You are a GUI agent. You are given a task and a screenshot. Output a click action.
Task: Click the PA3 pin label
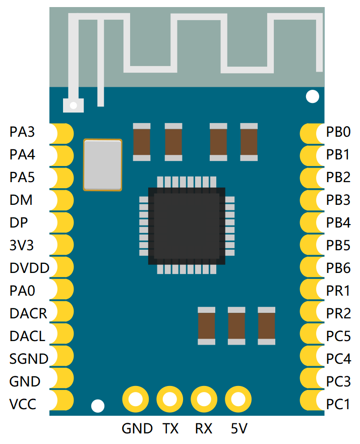tap(22, 133)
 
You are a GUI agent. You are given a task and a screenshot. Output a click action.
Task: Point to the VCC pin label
tap(23, 404)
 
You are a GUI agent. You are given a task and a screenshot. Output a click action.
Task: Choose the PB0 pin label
tap(338, 133)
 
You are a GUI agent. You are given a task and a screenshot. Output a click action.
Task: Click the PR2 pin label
tap(338, 313)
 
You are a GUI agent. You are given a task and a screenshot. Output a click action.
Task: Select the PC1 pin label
tap(338, 404)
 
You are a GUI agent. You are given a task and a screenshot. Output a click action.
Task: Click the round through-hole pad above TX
tap(170, 400)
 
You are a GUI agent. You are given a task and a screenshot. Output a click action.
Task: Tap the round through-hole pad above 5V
tap(238, 400)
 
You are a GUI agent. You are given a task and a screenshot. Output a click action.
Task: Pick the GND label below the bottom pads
tap(137, 429)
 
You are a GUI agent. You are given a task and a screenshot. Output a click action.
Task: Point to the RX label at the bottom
tap(204, 429)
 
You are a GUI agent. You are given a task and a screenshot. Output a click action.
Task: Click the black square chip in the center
tap(187, 226)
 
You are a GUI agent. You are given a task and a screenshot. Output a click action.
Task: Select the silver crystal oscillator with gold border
tap(103, 165)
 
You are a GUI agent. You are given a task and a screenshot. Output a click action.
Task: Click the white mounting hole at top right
tap(313, 96)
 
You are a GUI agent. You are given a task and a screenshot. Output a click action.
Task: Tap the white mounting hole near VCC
tap(97, 406)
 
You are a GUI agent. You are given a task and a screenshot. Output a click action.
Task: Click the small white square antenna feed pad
tap(74, 105)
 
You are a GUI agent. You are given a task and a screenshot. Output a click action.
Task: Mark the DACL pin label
tap(27, 336)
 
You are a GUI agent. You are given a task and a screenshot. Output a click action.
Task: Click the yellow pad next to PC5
tap(311, 336)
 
